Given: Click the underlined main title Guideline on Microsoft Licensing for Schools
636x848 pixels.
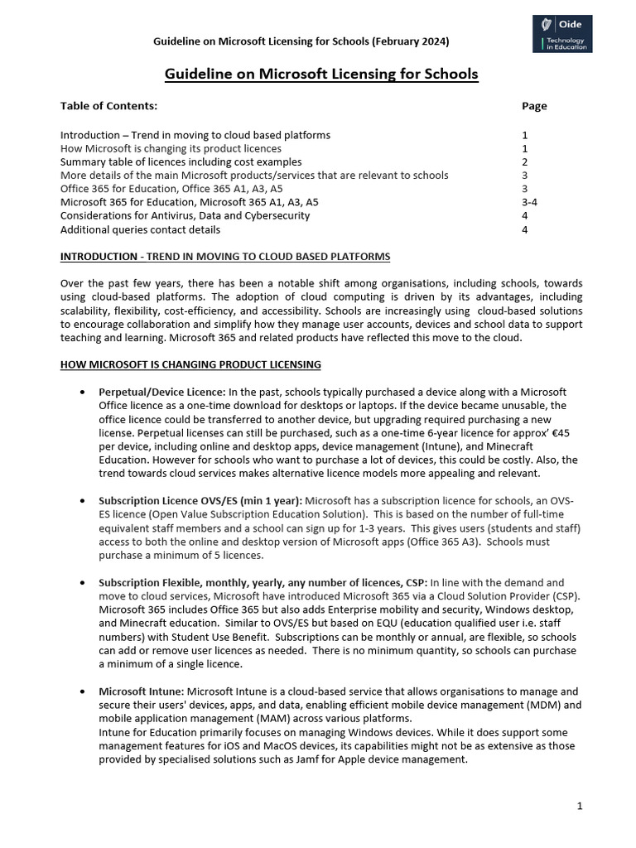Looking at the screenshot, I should (321, 75).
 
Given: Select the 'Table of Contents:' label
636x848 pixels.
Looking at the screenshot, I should (108, 106).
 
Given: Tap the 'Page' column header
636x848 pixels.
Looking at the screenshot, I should (534, 106).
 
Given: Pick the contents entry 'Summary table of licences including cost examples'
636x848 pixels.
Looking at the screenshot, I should (181, 162).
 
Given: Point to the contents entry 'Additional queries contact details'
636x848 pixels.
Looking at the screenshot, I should (140, 229).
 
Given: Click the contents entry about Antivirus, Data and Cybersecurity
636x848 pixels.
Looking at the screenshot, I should (185, 215).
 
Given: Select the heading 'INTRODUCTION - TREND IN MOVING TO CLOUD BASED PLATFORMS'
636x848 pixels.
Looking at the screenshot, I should (225, 257).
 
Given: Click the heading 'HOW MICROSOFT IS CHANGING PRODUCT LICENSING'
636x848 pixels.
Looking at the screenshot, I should (190, 365).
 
